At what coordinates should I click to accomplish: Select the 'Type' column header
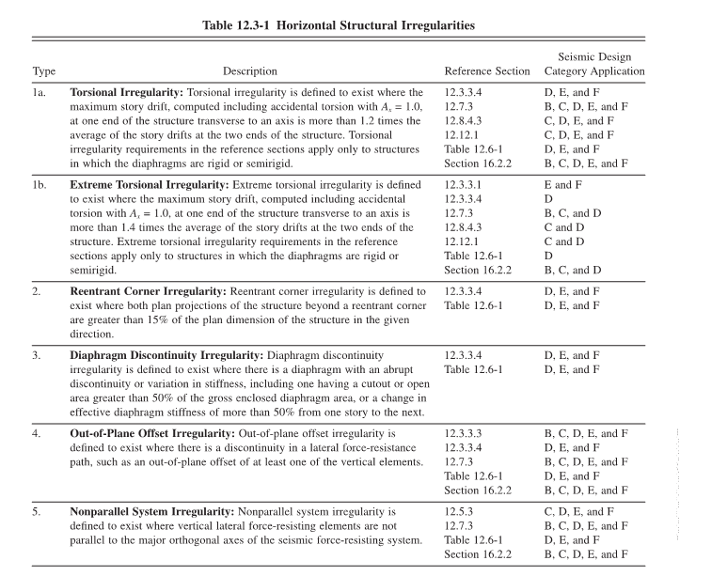tap(44, 71)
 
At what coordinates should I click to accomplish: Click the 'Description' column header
tap(250, 71)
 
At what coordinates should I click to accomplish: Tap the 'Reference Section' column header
tap(487, 71)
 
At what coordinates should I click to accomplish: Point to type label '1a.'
tap(40, 93)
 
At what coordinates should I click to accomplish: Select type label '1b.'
tap(40, 185)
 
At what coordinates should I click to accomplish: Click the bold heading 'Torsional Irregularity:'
tap(127, 93)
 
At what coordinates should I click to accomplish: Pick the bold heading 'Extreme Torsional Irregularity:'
tap(150, 185)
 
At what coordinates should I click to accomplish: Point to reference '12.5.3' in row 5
tap(460, 512)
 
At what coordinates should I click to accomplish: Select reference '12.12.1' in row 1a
tap(462, 135)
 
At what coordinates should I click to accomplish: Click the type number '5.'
tap(37, 512)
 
